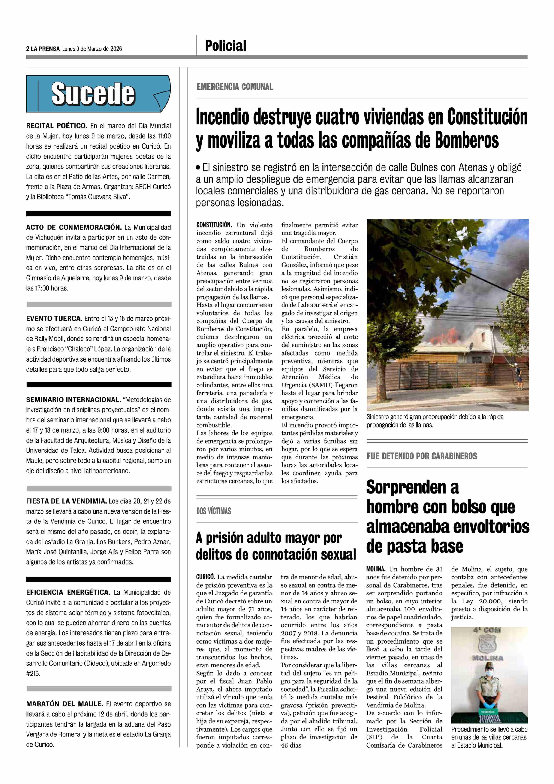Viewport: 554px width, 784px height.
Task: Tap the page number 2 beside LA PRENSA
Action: coord(27,49)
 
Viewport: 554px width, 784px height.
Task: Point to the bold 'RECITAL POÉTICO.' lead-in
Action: coord(57,126)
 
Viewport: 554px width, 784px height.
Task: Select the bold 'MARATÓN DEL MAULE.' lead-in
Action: coord(64,704)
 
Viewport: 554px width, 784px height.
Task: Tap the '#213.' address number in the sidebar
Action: coord(33,673)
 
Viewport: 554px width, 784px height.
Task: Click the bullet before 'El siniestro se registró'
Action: coord(198,168)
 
